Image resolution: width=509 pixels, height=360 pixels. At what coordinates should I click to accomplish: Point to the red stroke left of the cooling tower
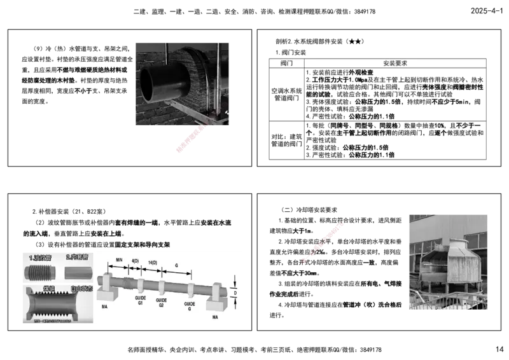click(323, 242)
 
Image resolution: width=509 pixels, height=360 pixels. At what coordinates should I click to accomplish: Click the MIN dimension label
click(119, 261)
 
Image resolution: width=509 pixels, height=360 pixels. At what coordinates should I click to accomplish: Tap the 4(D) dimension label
click(135, 261)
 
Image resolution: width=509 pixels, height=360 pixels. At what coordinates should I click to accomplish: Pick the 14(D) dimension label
click(153, 263)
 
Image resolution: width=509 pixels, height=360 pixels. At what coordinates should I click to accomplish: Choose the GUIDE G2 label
click(162, 301)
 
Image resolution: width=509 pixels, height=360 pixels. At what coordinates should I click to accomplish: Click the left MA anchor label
click(105, 307)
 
